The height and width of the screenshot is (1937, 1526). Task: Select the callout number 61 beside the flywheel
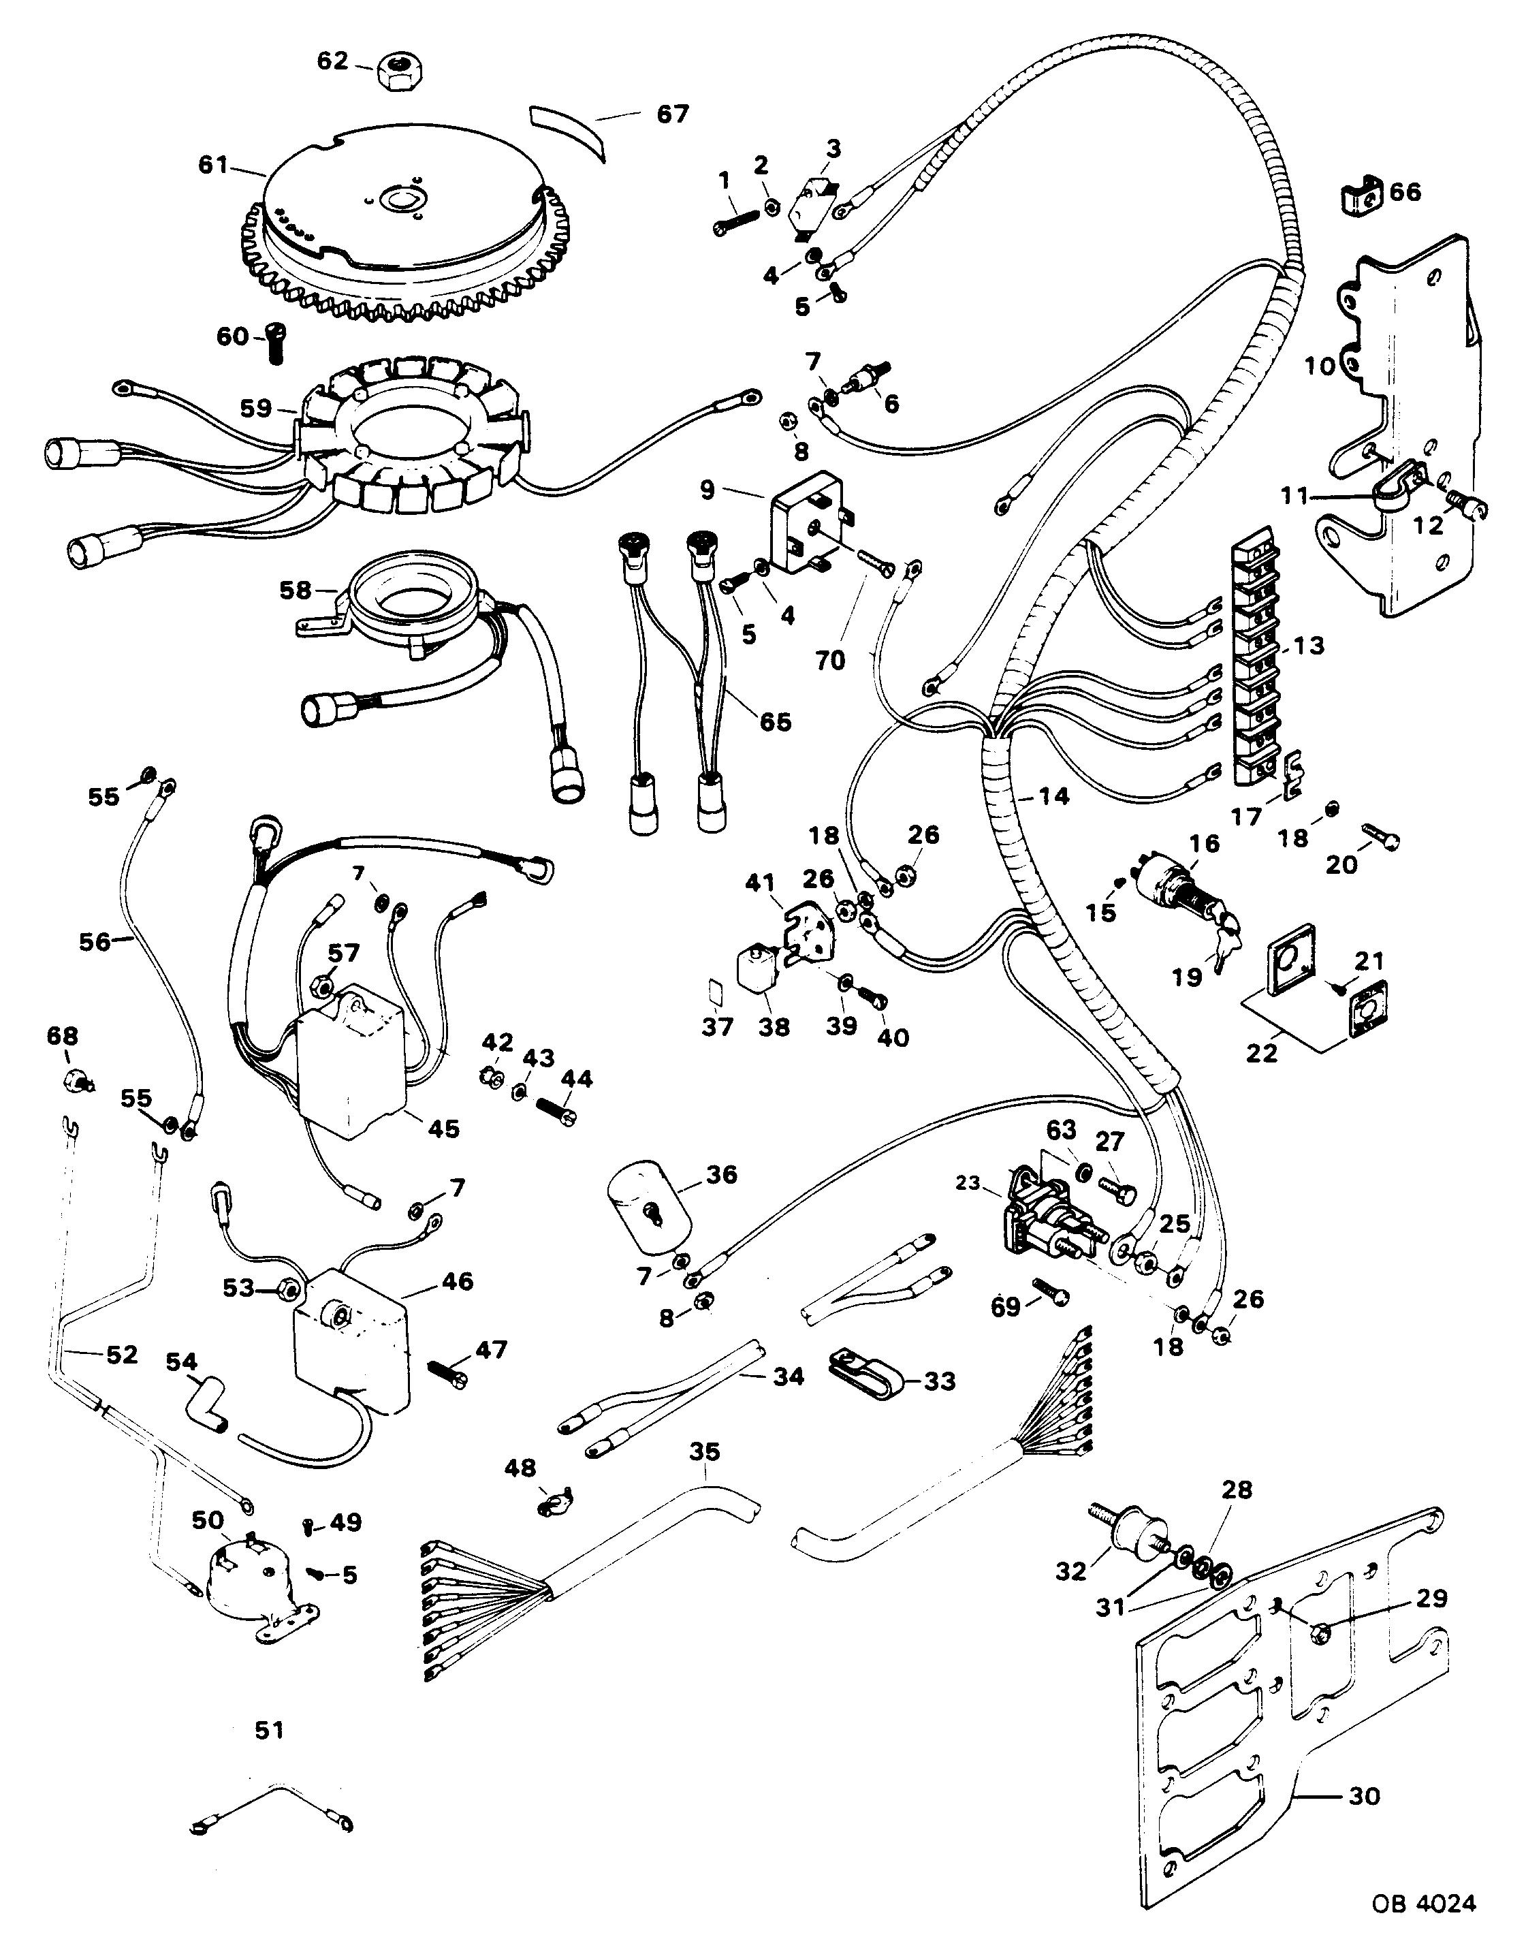click(214, 166)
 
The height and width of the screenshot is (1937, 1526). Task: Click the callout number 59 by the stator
click(257, 408)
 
